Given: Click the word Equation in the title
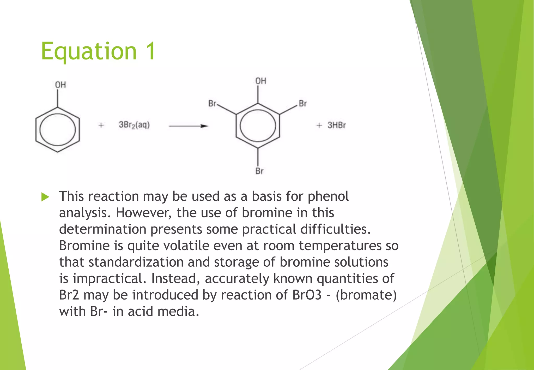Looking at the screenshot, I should [89, 51].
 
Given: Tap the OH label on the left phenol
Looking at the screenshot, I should [60, 85].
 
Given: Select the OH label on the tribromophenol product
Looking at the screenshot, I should [260, 81].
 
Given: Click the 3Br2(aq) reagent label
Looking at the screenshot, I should [134, 125].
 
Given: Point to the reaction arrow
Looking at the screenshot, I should [188, 126].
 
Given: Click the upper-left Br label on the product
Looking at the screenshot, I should [212, 104].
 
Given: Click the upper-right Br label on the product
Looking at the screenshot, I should [303, 104].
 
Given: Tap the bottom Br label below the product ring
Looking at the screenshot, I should [259, 171].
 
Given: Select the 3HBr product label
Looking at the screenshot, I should [337, 125].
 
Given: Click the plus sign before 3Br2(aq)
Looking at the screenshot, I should [101, 125].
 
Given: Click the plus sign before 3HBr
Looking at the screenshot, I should [319, 126].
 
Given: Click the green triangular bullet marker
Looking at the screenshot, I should [45, 197].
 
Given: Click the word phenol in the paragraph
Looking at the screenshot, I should [328, 197].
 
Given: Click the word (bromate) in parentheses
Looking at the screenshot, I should [366, 295].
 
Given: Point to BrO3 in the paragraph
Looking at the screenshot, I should [307, 295].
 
